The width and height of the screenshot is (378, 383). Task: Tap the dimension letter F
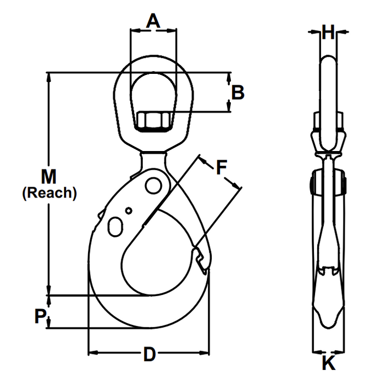220,167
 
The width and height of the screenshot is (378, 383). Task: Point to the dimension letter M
49,176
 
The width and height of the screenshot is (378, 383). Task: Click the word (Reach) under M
49,193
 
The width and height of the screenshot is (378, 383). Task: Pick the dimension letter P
39,316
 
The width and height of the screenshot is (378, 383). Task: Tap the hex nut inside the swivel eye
153,121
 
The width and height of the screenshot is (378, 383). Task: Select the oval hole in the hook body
115,226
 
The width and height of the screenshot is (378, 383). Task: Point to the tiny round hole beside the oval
129,211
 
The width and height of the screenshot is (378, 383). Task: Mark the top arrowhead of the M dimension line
50,77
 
